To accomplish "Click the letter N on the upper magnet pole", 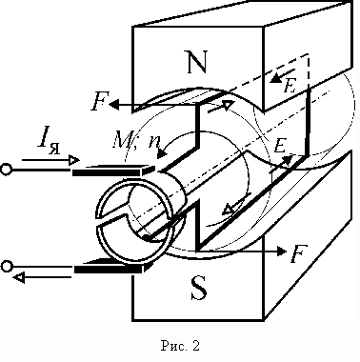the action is (197, 61).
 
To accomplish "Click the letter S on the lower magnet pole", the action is (199, 288).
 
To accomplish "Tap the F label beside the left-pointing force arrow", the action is (100, 101).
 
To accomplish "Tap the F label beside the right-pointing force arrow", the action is (299, 253).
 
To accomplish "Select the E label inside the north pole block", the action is (290, 86).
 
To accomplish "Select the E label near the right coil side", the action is (280, 146).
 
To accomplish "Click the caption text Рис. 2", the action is (180, 346).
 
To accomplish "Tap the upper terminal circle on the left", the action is (7, 170).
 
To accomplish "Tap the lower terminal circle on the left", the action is (7, 266).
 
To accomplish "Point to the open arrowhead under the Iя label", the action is (74, 160).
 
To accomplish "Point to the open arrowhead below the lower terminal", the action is (18, 277).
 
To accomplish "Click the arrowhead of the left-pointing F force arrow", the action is (114, 105).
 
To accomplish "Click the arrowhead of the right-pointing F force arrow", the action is (282, 251).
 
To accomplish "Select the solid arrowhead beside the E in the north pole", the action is (276, 78).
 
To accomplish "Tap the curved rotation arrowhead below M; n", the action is (162, 153).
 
